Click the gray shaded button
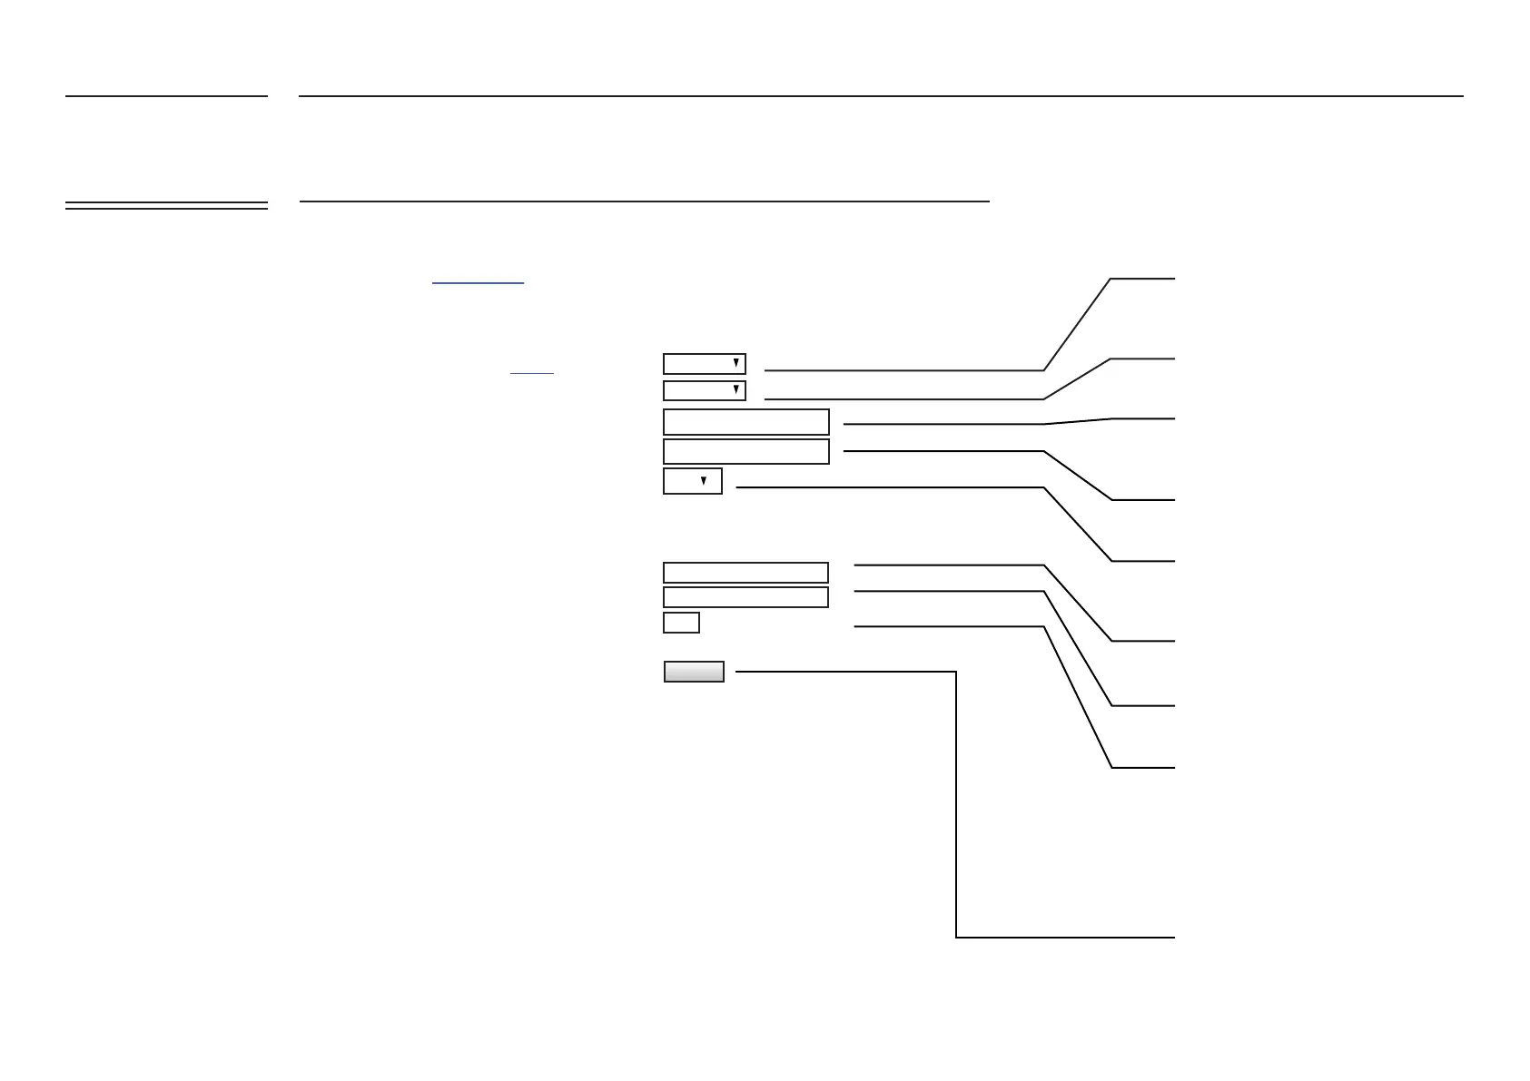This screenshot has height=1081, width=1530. point(694,672)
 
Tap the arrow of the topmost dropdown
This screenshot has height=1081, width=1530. point(735,364)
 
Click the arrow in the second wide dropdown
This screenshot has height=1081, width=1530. point(735,391)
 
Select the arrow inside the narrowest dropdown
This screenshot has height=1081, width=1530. point(703,481)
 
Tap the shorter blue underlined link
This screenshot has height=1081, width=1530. point(531,373)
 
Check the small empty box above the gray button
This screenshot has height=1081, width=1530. point(681,623)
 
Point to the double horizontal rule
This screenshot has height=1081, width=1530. point(166,206)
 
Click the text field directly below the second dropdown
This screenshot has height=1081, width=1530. point(745,422)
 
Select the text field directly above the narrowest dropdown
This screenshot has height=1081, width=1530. point(745,451)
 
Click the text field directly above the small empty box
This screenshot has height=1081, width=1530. point(745,597)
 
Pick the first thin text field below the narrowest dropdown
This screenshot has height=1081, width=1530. point(745,573)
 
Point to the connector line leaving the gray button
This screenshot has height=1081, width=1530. point(956,817)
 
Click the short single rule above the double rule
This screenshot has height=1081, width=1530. point(166,95)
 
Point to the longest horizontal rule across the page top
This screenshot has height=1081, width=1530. point(881,95)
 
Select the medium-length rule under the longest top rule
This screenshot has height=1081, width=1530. point(644,201)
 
